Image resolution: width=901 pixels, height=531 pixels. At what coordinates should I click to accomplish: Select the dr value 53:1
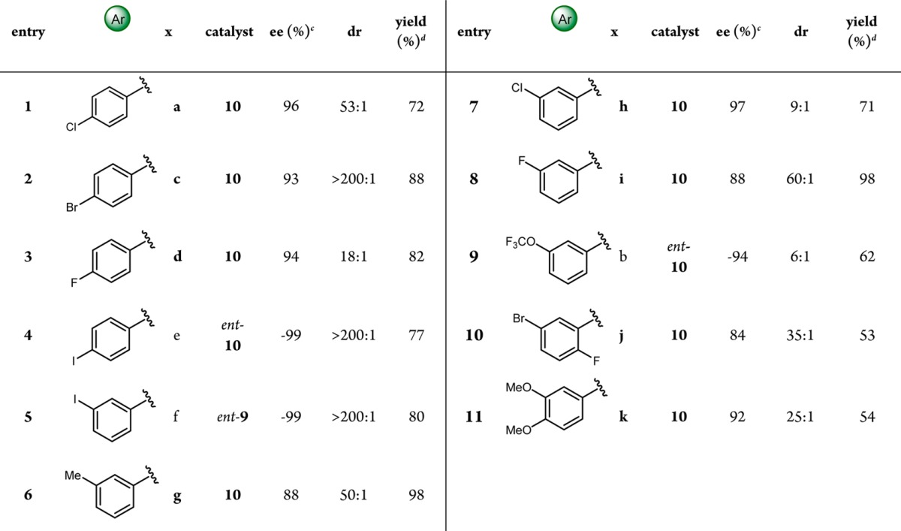coord(351,107)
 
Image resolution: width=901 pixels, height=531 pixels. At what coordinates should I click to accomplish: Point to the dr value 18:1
coord(351,257)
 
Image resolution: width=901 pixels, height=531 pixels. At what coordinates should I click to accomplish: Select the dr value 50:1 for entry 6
coord(351,495)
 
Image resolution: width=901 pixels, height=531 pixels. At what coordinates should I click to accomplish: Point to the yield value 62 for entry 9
coord(866,257)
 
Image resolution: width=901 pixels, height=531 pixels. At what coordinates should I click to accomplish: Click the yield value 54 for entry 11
coord(866,417)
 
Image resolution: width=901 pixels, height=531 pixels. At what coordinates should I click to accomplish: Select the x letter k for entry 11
coord(622,417)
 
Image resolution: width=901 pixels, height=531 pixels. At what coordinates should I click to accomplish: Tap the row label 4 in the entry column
coord(28,335)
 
